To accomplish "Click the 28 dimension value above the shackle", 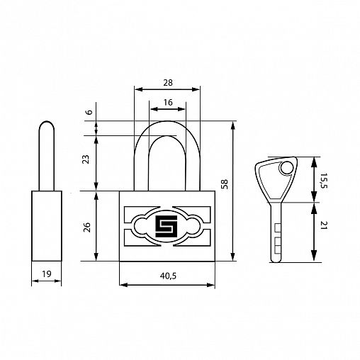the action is coord(168,83).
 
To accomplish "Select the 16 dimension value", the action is coord(168,102).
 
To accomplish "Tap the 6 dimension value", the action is coord(89,112).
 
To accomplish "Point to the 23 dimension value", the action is coord(86,159).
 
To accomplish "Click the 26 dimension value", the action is coord(87,227).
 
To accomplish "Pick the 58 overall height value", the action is coord(224,184).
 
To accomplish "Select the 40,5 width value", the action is coord(168,276).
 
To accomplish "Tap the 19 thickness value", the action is coord(47,274).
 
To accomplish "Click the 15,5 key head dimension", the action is coord(324,181).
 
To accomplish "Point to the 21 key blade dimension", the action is coord(324,225).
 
